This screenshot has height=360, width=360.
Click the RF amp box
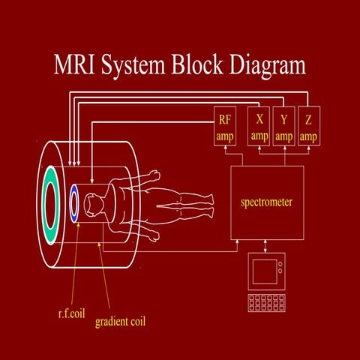coord(225,127)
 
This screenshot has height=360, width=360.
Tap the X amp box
coord(259,127)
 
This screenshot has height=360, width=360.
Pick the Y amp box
coord(283,127)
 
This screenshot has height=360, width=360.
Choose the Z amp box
coord(308,127)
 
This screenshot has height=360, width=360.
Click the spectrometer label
coord(266,202)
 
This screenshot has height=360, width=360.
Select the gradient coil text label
coord(120,322)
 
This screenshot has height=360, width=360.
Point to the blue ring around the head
coord(74,203)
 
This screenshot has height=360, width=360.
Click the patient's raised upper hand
coord(154,174)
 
